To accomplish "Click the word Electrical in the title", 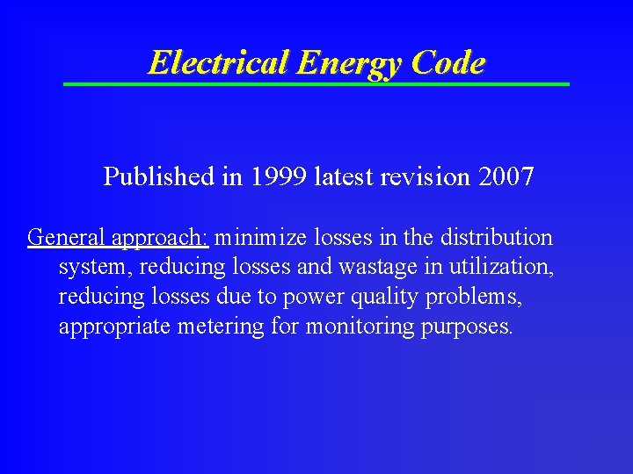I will tap(219, 62).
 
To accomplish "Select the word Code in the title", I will tap(447, 62).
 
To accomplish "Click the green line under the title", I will tap(316, 84).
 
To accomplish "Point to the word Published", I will tap(159, 177).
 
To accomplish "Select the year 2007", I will tap(506, 177).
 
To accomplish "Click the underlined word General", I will tap(67, 238).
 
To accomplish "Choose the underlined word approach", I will tap(160, 238).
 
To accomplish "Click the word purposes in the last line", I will tap(466, 327).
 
